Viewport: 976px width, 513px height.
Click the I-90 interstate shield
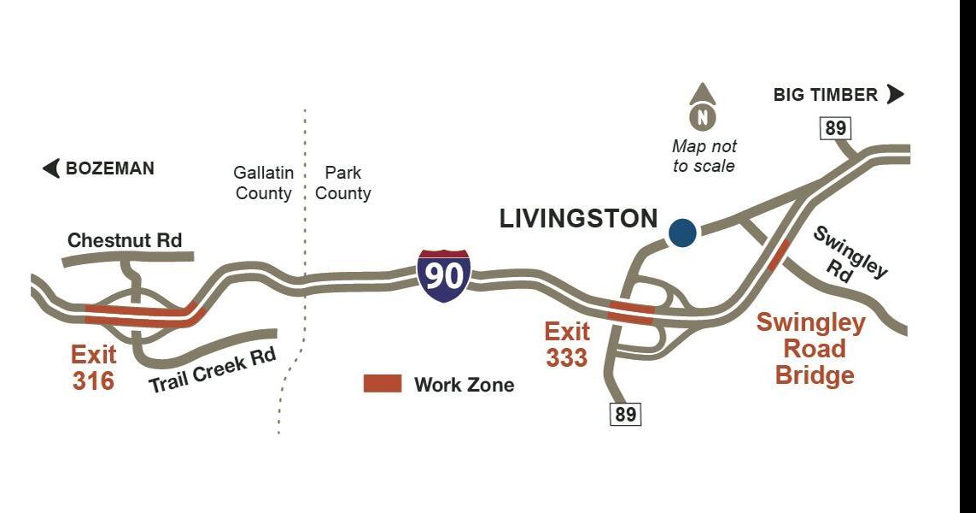click(443, 275)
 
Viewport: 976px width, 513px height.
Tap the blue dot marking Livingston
click(681, 233)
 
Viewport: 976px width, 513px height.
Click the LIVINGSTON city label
click(578, 219)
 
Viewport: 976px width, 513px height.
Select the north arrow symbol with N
click(702, 108)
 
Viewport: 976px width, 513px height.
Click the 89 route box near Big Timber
click(835, 128)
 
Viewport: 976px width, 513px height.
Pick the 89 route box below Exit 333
click(625, 414)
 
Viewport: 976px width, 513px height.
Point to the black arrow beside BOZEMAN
click(51, 168)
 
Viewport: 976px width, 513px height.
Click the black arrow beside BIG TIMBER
click(895, 94)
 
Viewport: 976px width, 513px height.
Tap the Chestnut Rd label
click(125, 240)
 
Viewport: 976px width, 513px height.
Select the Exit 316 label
click(94, 367)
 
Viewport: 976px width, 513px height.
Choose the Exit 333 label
click(567, 344)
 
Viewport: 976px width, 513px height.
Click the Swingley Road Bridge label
click(812, 349)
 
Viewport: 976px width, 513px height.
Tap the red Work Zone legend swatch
click(382, 384)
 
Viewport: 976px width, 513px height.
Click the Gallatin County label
click(264, 183)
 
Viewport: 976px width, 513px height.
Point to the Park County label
click(342, 183)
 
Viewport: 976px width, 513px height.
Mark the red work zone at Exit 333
click(631, 312)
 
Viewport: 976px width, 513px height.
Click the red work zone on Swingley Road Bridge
click(778, 254)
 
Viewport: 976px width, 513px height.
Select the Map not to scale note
click(704, 156)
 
